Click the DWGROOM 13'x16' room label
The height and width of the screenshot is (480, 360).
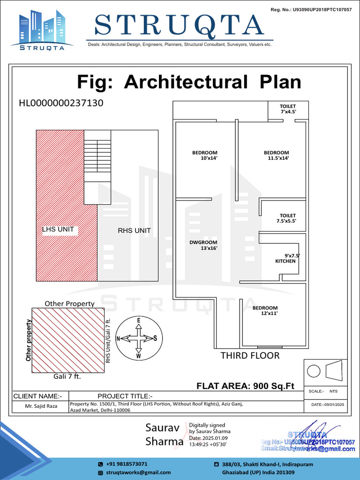[203, 245]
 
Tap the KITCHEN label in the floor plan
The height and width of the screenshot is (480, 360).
[285, 261]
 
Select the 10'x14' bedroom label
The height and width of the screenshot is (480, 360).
[205, 156]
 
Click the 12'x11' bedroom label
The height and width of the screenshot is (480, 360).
[265, 311]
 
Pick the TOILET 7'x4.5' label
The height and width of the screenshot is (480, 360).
[288, 109]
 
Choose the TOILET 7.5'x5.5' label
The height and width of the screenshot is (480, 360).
[288, 218]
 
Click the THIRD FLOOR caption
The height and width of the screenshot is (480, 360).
[250, 356]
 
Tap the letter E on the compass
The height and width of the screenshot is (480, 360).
[139, 320]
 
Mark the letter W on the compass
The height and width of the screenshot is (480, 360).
[139, 356]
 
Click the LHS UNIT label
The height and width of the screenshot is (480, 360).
[58, 230]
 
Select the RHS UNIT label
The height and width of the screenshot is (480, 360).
[134, 231]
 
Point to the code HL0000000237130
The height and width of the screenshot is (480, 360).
[61, 103]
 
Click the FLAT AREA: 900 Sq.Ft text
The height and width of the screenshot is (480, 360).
[245, 386]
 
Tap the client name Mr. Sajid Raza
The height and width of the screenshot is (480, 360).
[41, 406]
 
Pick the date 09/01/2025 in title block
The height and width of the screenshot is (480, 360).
[328, 404]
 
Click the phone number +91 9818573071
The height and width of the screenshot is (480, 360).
[127, 464]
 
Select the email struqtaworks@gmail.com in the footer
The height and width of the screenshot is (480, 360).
[138, 472]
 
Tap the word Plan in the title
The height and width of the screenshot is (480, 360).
[280, 82]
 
